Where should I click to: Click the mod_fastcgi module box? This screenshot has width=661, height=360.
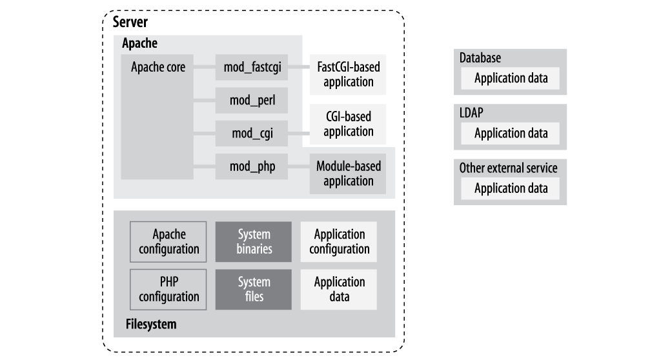252,67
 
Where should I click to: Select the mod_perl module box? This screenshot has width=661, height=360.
252,100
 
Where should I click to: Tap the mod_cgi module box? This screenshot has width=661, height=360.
252,134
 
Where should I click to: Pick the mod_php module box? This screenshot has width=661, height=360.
252,167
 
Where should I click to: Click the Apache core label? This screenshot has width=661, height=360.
158,67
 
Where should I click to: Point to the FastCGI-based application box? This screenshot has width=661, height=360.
349,74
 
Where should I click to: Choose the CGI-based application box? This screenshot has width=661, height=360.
349,123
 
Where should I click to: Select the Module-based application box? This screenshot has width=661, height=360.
349,174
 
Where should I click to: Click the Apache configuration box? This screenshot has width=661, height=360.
168,241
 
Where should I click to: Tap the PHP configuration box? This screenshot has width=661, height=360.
168,290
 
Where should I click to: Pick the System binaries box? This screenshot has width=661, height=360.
254,241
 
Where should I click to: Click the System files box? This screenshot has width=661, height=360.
254,290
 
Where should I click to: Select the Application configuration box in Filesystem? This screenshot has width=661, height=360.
340,241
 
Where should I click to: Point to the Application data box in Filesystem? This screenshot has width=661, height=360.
340,290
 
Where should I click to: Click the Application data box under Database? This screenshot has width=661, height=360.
511,79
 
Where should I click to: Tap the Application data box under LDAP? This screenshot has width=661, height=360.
511,134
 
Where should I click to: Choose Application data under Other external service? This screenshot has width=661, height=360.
511,188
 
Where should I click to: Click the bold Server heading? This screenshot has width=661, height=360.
130,23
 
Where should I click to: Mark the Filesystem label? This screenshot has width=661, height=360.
150,325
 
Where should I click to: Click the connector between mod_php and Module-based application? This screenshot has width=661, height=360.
300,167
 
